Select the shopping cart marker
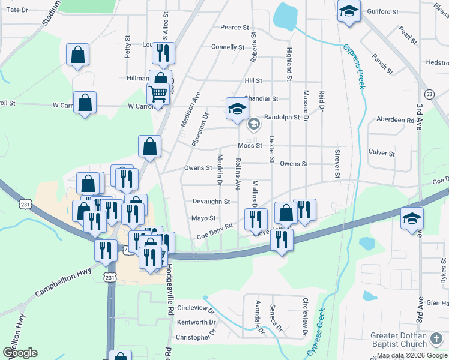[158, 94]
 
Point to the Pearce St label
[235, 28]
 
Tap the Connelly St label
[228, 47]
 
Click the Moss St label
[250, 146]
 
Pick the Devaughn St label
[211, 202]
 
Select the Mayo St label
[203, 218]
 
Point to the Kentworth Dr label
[192, 323]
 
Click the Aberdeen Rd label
[395, 120]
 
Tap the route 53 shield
[429, 94]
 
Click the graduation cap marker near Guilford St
[348, 11]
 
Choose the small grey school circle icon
[253, 124]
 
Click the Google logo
[20, 353]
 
